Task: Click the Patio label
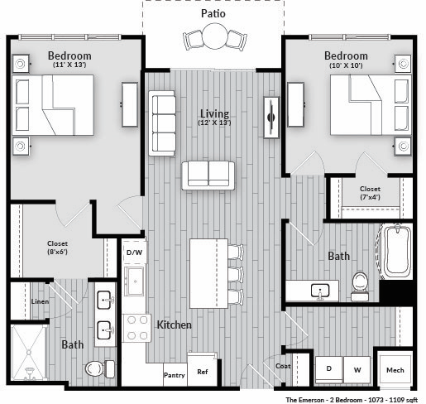tap(213, 13)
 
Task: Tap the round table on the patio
tap(215, 36)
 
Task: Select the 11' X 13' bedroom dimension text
tap(69, 65)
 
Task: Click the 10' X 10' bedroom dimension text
tap(346, 65)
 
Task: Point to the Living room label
tap(214, 113)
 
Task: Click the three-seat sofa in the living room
tap(162, 123)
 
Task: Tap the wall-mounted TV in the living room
tap(271, 118)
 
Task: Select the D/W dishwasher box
tap(134, 252)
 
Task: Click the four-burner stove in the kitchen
tap(136, 328)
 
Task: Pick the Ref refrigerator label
tap(203, 372)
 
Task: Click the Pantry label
tap(175, 375)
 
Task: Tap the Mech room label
tap(395, 370)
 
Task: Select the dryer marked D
tap(329, 370)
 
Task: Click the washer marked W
tap(357, 370)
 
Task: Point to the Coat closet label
tap(283, 366)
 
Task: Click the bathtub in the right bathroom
tap(397, 252)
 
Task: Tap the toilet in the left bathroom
tap(99, 368)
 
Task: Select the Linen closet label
tap(40, 301)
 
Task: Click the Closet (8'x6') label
tap(57, 248)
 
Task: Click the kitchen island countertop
tap(208, 273)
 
